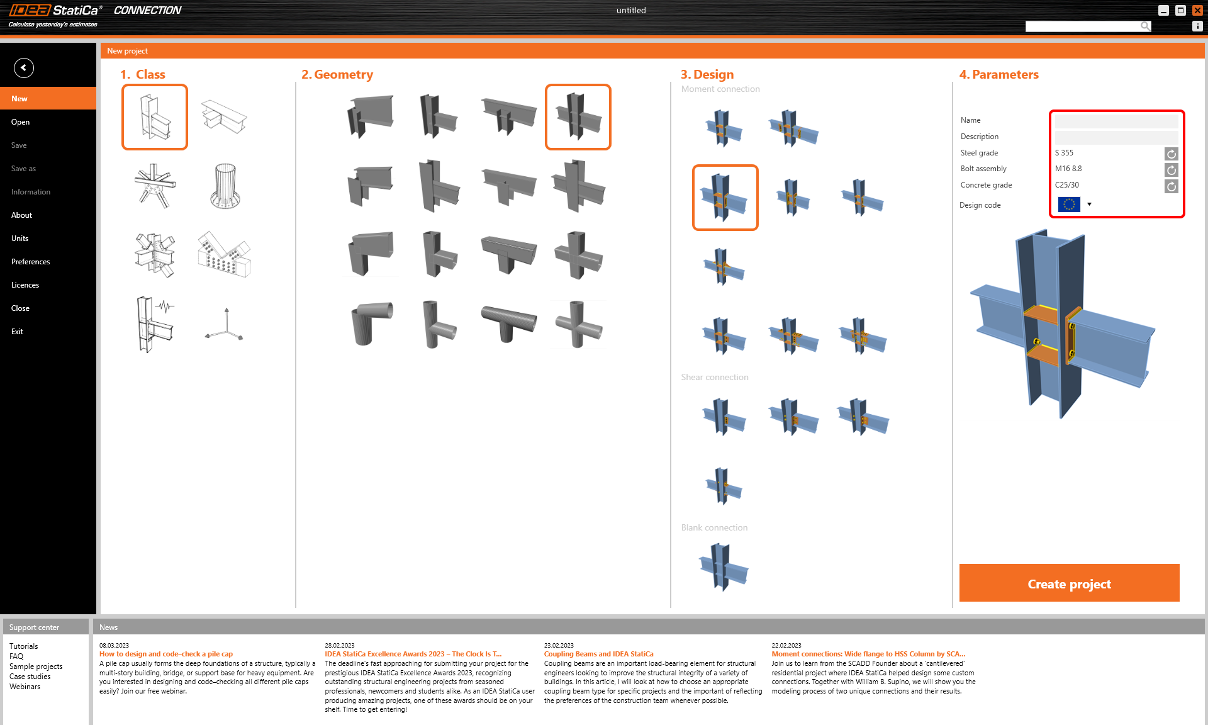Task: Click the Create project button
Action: pos(1069,583)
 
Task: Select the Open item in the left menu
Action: pos(20,122)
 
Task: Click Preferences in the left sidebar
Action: pos(30,262)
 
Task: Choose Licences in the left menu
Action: pos(25,285)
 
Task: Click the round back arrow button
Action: pos(24,67)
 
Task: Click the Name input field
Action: pos(1116,120)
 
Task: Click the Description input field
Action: pos(1116,137)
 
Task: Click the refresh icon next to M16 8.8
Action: pos(1171,170)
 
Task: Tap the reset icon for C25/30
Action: pos(1171,186)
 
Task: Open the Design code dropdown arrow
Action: pos(1089,204)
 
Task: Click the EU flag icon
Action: pos(1069,204)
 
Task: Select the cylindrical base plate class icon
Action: pos(225,186)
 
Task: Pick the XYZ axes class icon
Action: pos(225,324)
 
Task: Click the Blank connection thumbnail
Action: pos(724,567)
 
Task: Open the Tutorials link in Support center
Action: pos(23,646)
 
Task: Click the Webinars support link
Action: pos(25,687)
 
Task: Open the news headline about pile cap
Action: pos(166,654)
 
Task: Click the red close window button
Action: pos(1197,10)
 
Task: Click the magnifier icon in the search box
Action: pos(1145,26)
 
